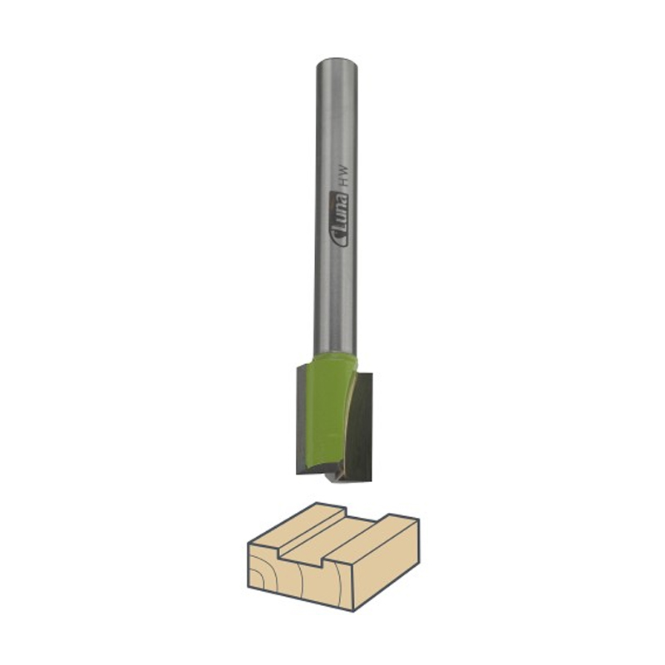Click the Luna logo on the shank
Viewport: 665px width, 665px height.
[x=339, y=219]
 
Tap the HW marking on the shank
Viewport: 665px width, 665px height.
[x=344, y=175]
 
